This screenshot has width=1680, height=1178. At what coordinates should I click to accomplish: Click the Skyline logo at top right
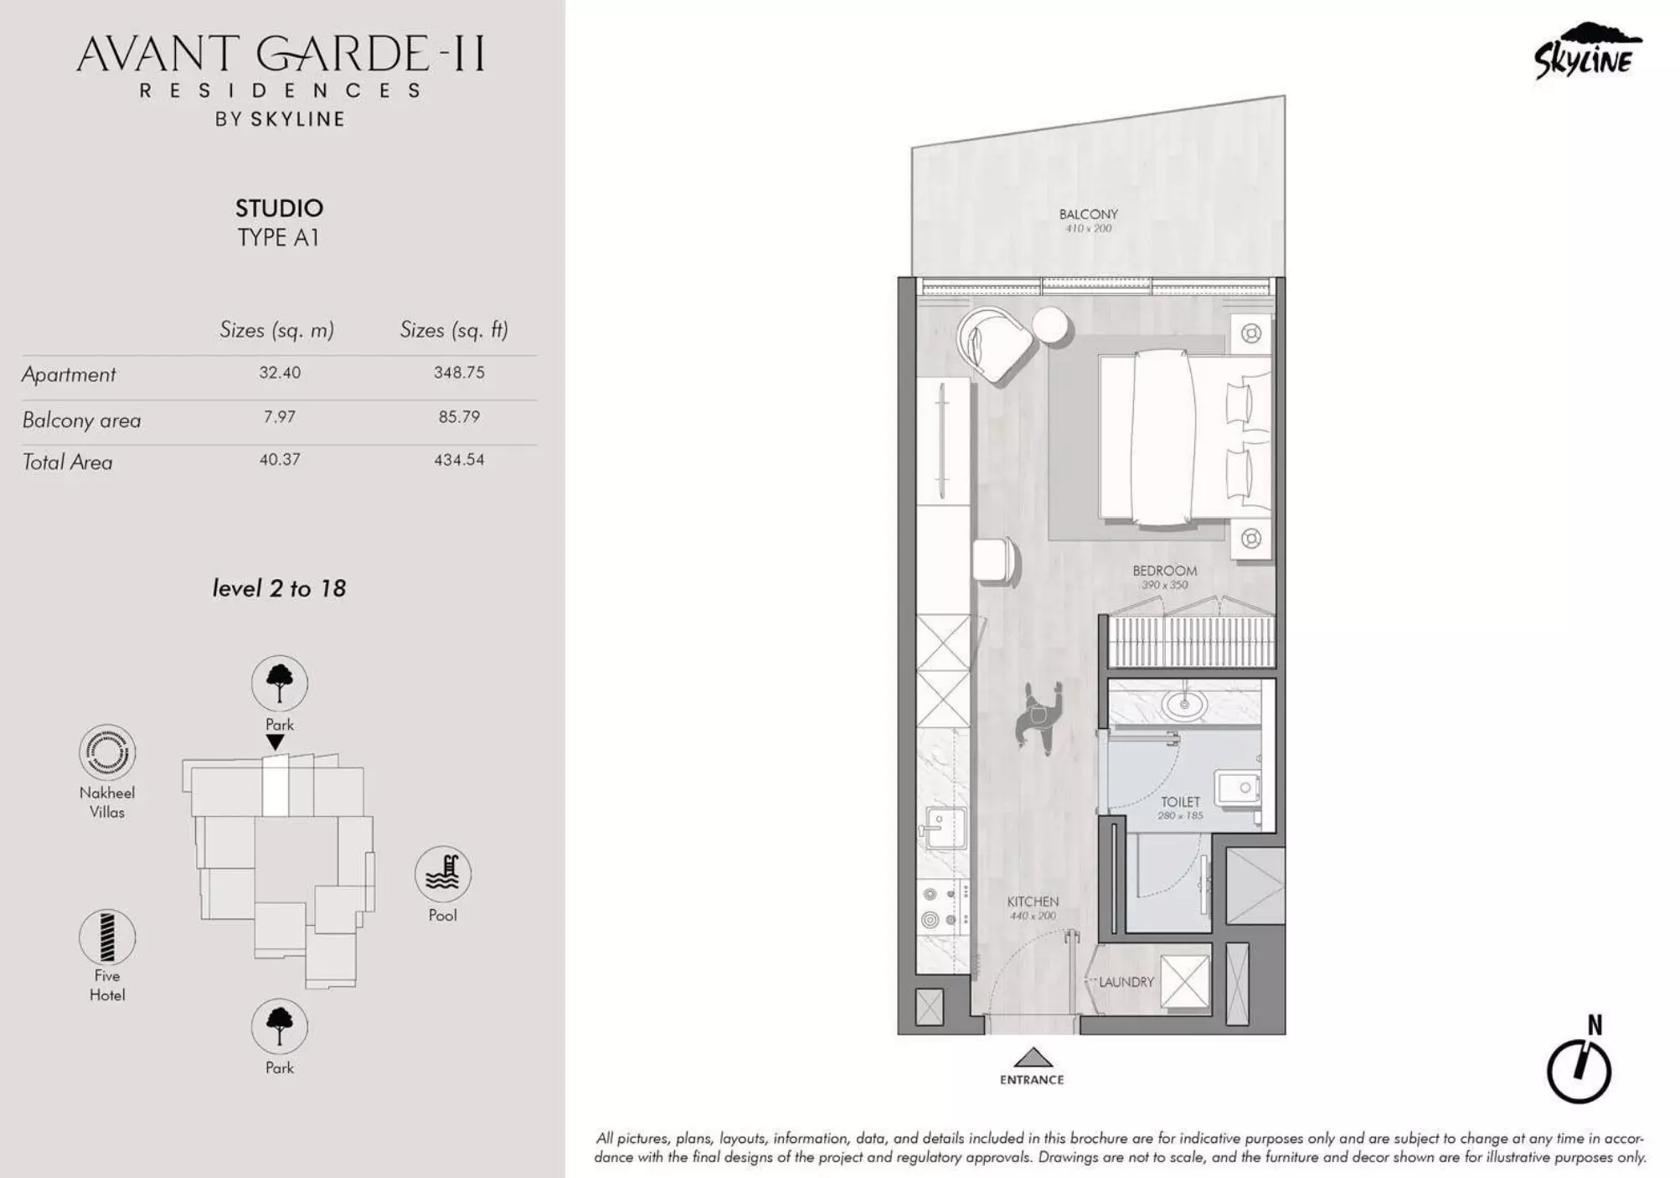1585,52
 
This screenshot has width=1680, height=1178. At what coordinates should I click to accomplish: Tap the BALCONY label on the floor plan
1088,214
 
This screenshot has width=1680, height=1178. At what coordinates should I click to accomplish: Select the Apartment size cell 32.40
279,373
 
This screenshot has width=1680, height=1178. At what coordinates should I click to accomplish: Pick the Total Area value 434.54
459,460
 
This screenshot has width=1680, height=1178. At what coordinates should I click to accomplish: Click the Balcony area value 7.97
279,417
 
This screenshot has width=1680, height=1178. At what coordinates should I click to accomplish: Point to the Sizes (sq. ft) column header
454,330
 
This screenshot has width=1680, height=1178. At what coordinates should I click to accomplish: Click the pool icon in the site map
443,874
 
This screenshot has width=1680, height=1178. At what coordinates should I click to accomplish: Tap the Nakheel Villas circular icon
107,752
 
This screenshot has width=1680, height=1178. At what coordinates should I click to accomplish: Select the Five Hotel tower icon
107,938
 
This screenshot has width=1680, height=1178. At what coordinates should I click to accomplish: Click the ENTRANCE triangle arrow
1033,1057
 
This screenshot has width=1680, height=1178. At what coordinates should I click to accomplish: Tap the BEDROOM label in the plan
1164,571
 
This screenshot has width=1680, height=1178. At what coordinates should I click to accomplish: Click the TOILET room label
1180,802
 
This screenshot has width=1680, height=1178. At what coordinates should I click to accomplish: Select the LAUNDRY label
1126,982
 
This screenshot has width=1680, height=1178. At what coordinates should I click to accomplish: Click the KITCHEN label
1033,902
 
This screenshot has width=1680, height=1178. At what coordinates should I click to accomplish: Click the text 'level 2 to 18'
279,589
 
